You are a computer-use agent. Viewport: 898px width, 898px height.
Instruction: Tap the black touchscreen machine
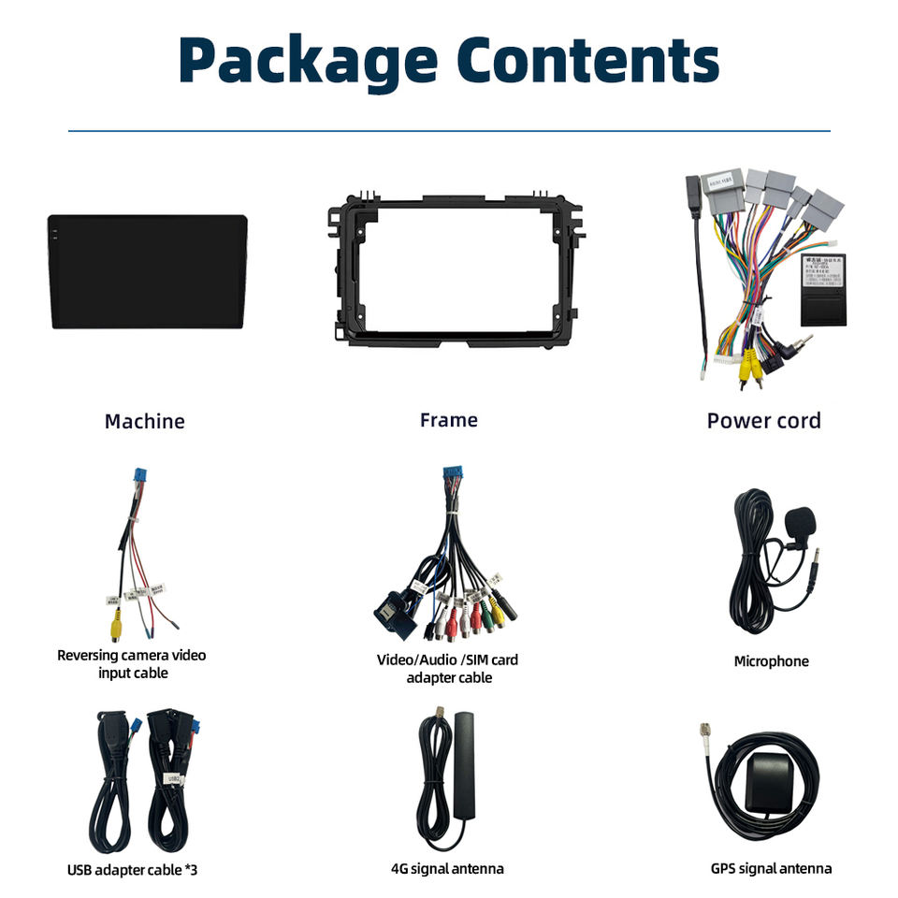148,271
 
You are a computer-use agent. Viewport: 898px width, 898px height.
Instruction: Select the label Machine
144,421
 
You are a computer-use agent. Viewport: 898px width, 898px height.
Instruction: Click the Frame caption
448,420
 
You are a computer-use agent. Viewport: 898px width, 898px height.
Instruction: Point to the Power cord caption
763,420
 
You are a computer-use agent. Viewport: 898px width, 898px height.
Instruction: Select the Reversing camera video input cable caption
132,663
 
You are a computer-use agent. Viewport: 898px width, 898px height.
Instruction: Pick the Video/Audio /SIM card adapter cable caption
447,668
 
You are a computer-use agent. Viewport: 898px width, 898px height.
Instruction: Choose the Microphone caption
771,661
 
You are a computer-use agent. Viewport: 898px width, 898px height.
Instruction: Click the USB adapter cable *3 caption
132,870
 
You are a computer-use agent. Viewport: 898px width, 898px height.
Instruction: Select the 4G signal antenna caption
447,869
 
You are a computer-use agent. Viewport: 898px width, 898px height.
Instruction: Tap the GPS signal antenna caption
771,869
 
